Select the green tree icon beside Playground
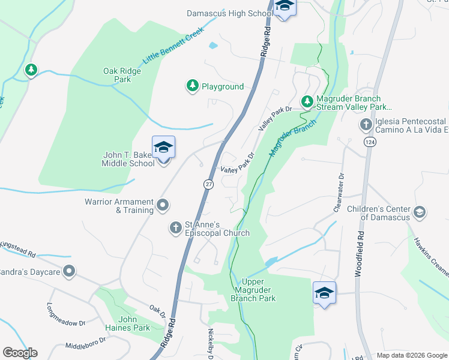pyautogui.click(x=192, y=86)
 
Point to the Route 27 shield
pyautogui.click(x=208, y=183)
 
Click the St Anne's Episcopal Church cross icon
pyautogui.click(x=175, y=227)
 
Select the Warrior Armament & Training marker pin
pyautogui.click(x=163, y=206)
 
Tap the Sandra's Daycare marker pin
pyautogui.click(x=69, y=272)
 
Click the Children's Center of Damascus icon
pyautogui.click(x=419, y=212)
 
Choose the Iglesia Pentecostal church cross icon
pyautogui.click(x=366, y=124)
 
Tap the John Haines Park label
pyautogui.click(x=134, y=323)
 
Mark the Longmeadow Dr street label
pyautogui.click(x=66, y=314)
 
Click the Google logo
pyautogui.click(x=20, y=353)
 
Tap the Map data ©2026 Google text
pyautogui.click(x=411, y=355)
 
